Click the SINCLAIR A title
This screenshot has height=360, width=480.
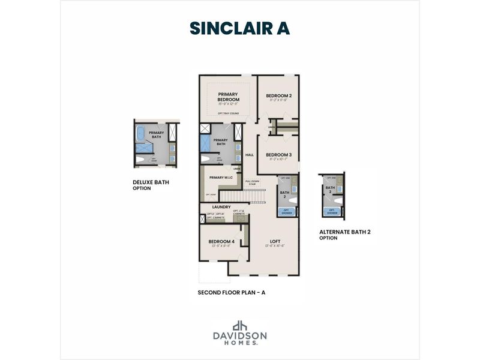pos(239,28)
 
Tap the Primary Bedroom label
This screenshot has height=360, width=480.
pos(229,97)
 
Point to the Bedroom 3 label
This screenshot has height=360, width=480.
pos(278,155)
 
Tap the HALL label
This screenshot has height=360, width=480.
pos(250,155)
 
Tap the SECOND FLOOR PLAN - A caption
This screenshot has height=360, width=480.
pos(231,293)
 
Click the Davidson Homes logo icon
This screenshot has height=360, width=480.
pos(241,325)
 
